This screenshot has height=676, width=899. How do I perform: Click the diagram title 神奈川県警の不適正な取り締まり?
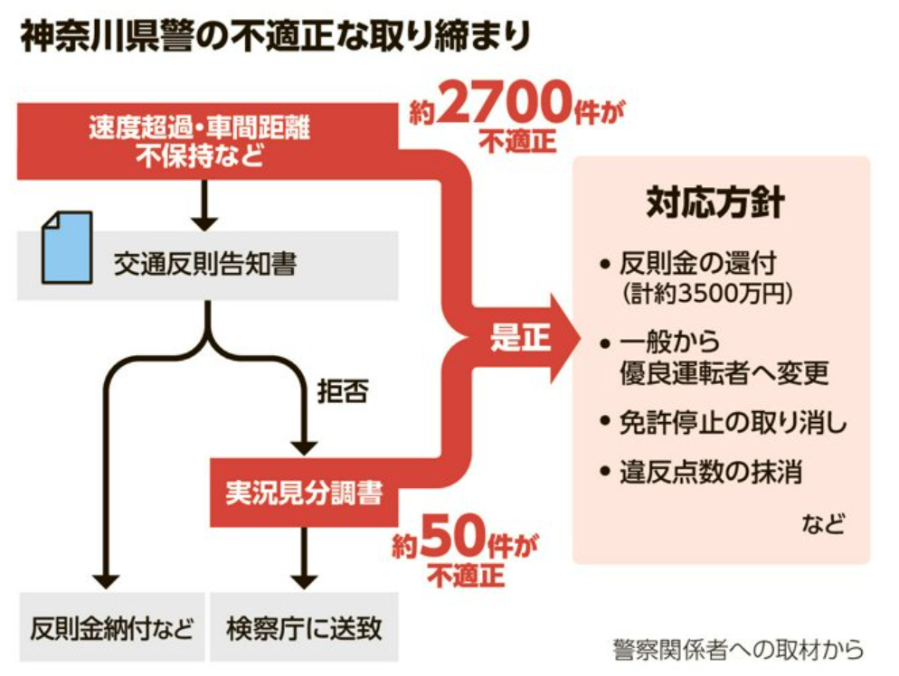275,38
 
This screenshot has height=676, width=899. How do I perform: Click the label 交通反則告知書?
205,264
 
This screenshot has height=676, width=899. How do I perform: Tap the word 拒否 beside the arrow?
343,394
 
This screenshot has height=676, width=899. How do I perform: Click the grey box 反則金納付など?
111,628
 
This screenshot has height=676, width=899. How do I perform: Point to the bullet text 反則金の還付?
697,265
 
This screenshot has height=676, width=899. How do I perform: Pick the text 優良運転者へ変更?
724,372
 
